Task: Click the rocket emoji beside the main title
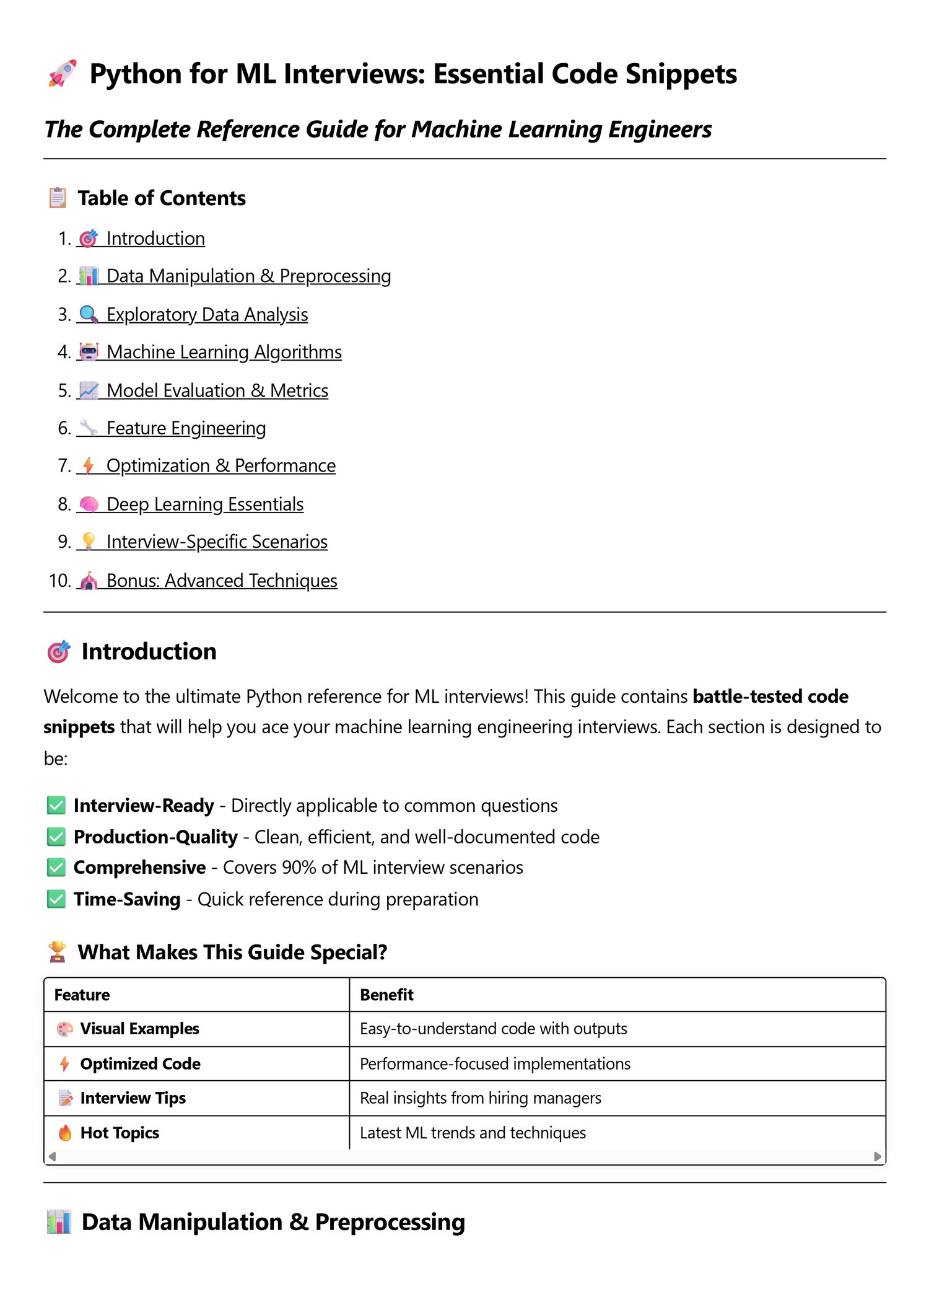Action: (x=62, y=74)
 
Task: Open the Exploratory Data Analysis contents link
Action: (x=207, y=315)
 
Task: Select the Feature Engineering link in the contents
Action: (x=186, y=428)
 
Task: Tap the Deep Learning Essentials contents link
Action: (x=204, y=504)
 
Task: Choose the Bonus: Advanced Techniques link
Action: (x=221, y=581)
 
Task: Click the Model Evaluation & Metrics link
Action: (x=217, y=391)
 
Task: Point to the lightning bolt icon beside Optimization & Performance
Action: (x=89, y=465)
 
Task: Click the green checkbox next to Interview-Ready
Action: (x=56, y=806)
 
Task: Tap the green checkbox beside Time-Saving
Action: (x=56, y=899)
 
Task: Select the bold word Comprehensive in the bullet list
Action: (x=139, y=868)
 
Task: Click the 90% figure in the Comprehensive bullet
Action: (x=299, y=868)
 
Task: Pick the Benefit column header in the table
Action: (x=386, y=995)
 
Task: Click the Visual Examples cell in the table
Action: (x=139, y=1029)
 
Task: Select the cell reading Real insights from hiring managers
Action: (x=480, y=1099)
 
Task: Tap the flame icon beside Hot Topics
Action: (x=65, y=1133)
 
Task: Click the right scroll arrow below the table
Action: (x=877, y=1156)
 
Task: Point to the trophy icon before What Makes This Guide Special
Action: (x=57, y=952)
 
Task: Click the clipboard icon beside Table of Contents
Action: (x=58, y=198)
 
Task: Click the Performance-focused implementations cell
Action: (x=495, y=1064)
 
